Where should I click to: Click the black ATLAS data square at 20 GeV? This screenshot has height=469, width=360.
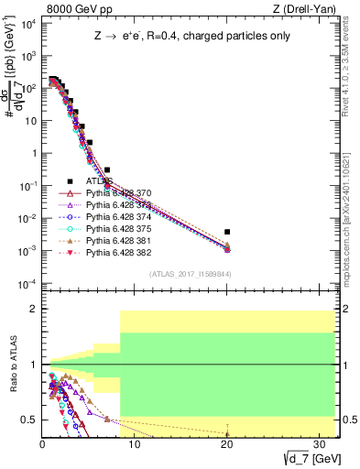(227, 232)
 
